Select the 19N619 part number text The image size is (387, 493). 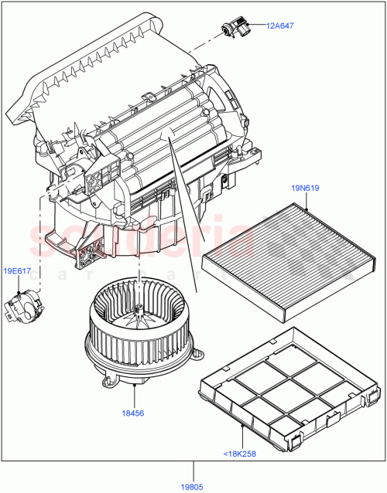coord(306,188)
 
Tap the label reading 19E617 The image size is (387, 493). coord(18,271)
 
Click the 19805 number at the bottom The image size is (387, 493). coord(193,486)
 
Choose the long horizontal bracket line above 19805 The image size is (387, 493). coord(193,461)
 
